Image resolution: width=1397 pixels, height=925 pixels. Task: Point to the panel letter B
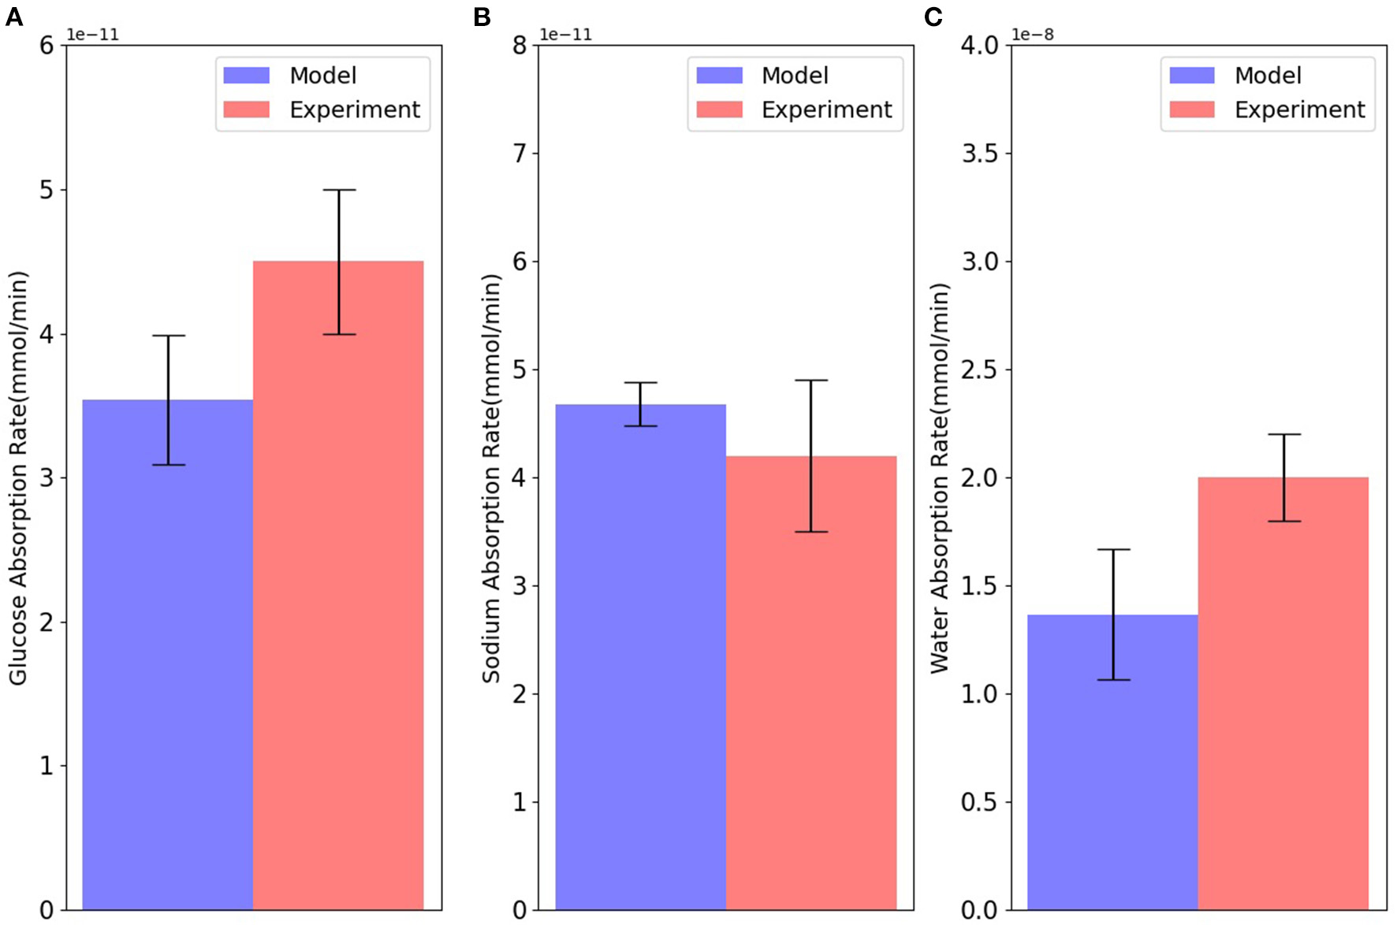tap(482, 17)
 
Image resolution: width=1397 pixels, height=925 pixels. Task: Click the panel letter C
tap(933, 17)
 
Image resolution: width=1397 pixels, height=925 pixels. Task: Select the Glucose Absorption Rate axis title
tap(18, 477)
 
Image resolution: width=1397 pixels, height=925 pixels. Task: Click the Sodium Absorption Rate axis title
tap(491, 477)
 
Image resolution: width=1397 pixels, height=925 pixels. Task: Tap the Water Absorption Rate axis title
tap(939, 477)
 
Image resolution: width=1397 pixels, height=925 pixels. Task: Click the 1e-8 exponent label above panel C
tap(1032, 35)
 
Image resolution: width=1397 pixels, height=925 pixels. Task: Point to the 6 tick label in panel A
tap(47, 46)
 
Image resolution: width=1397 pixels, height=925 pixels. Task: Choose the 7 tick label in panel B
tap(520, 154)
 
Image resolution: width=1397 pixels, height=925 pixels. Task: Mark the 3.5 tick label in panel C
tap(980, 154)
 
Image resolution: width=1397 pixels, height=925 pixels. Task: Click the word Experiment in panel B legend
tap(826, 110)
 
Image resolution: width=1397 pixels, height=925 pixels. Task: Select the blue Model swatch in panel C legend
tap(1191, 76)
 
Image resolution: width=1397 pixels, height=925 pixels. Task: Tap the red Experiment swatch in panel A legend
tap(246, 110)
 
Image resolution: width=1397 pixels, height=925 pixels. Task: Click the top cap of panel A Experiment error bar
tap(339, 190)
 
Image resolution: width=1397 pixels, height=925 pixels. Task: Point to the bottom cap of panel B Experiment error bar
tap(811, 532)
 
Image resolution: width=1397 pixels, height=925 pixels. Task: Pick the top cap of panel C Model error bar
tap(1113, 549)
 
